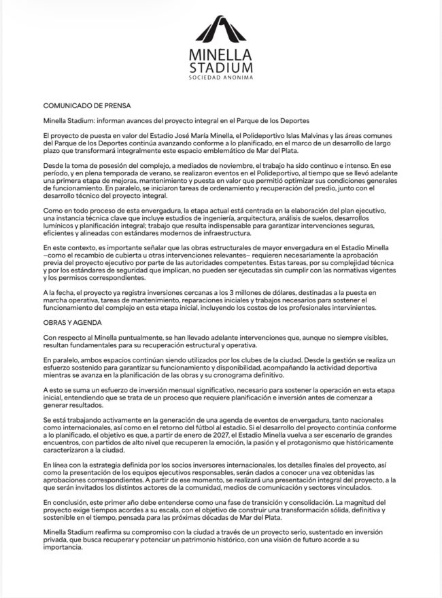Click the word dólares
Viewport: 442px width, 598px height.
[x=271, y=291]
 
